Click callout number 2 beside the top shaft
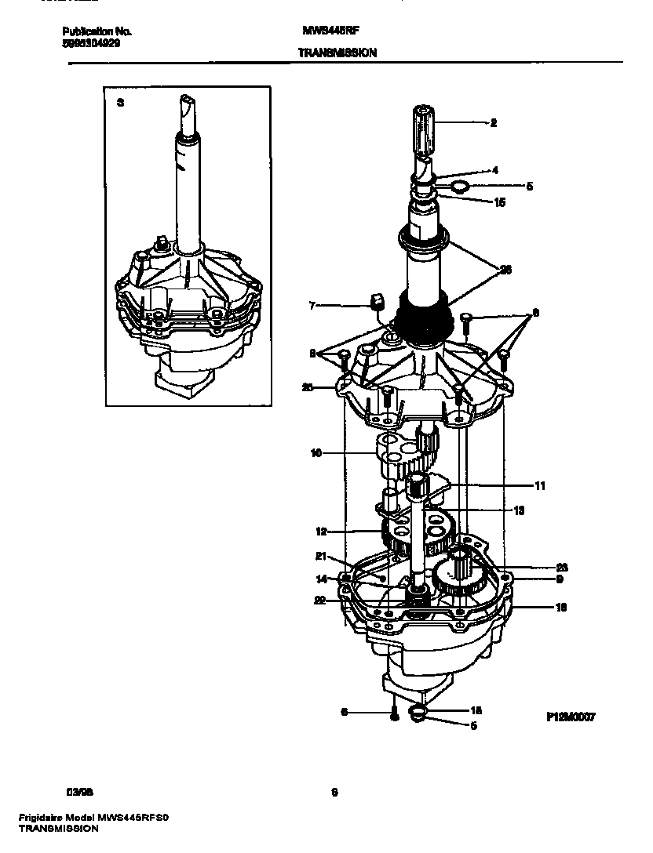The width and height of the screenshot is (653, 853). pyautogui.click(x=493, y=122)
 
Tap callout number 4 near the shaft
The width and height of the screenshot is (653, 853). pyautogui.click(x=494, y=169)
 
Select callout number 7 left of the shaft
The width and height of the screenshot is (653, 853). pyautogui.click(x=312, y=305)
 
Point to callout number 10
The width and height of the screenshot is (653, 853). pyautogui.click(x=316, y=452)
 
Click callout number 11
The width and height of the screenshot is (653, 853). pyautogui.click(x=539, y=486)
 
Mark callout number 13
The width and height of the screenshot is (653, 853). pyautogui.click(x=519, y=510)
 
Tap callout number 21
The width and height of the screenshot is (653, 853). pyautogui.click(x=320, y=557)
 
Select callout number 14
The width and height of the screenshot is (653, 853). pyautogui.click(x=320, y=579)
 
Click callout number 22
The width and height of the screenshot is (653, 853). pyautogui.click(x=320, y=601)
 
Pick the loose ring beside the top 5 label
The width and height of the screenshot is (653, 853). pyautogui.click(x=460, y=187)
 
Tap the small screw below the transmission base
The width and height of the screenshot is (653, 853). pyautogui.click(x=393, y=713)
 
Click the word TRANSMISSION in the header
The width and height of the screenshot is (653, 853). pyautogui.click(x=337, y=53)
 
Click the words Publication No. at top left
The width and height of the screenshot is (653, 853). pyautogui.click(x=97, y=32)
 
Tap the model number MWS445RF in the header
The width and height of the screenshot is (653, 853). pyautogui.click(x=330, y=32)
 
